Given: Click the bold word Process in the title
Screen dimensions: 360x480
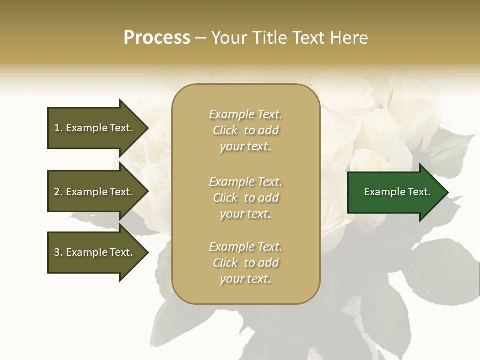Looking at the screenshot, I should [x=157, y=38].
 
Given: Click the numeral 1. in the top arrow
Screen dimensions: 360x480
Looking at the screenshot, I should [x=58, y=128].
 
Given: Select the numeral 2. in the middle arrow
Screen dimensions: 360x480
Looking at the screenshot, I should [x=58, y=192].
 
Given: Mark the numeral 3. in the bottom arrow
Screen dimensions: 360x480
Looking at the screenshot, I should [x=58, y=252].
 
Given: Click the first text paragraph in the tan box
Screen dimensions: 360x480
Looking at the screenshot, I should [x=245, y=130].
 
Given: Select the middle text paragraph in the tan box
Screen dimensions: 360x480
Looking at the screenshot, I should [x=245, y=197].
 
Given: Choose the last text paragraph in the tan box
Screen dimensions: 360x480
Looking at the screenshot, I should [x=245, y=263].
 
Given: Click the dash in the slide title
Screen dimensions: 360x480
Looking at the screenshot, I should [x=201, y=38].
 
